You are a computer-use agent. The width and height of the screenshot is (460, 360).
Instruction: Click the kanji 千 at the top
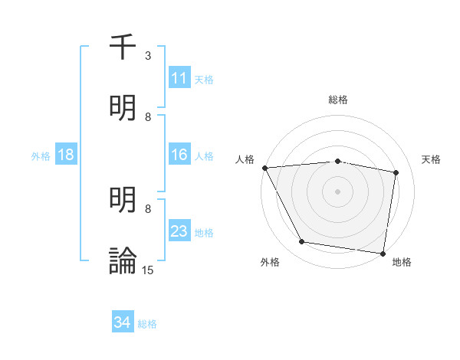click(x=123, y=48)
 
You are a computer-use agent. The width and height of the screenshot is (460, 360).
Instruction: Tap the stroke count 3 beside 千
click(x=148, y=56)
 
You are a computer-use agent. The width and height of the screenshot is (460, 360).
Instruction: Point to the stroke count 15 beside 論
click(x=148, y=270)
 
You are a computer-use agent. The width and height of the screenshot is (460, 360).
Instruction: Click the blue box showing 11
click(x=179, y=78)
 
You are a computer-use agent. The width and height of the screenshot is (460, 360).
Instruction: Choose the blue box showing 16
click(x=179, y=155)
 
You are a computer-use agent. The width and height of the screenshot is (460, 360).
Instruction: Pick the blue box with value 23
click(x=179, y=231)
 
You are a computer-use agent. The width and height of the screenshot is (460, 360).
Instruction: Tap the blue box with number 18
click(x=66, y=155)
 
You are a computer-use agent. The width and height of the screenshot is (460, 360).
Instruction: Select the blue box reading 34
click(x=123, y=322)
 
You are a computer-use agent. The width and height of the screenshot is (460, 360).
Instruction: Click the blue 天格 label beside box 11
click(x=204, y=79)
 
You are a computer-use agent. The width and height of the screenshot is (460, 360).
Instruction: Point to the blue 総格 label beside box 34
click(x=147, y=323)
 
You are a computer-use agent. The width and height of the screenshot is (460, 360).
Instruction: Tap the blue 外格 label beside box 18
click(x=41, y=155)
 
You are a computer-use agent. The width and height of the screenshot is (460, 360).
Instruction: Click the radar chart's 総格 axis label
click(x=338, y=100)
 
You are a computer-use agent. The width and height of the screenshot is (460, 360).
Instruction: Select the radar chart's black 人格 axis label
click(x=245, y=159)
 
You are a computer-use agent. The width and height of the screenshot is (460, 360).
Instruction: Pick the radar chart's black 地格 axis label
click(x=402, y=262)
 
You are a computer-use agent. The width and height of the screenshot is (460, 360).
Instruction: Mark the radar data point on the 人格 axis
click(x=264, y=168)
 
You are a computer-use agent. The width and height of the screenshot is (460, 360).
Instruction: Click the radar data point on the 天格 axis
click(x=396, y=172)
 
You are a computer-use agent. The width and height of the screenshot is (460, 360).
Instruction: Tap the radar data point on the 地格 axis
click(x=383, y=253)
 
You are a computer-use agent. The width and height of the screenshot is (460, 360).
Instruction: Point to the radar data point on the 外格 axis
click(x=302, y=242)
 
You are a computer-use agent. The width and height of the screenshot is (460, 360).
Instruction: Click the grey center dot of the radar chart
click(x=338, y=191)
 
